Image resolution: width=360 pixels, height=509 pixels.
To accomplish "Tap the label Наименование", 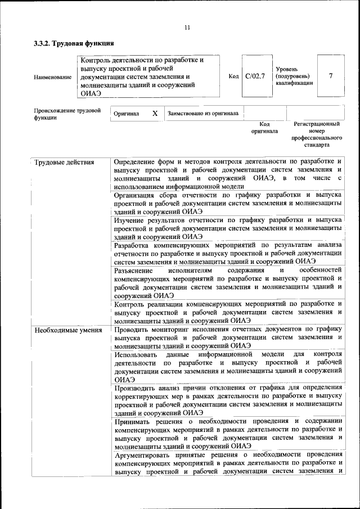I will tap(53, 76).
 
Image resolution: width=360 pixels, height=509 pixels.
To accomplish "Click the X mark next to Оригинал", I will tap(155, 113).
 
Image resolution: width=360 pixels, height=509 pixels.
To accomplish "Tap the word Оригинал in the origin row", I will tap(126, 114).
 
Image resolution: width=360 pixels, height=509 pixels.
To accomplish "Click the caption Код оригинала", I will tap(264, 127).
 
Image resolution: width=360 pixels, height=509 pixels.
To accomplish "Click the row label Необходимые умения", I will tap(68, 330).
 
